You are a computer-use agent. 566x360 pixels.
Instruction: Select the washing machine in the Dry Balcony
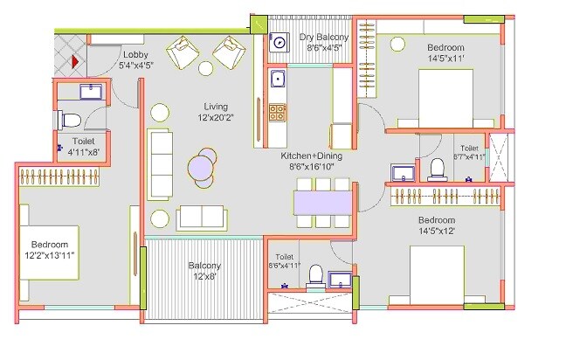point(280,42)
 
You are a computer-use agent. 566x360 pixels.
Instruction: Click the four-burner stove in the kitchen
point(278,112)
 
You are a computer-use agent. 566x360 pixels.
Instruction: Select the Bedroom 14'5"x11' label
point(445,53)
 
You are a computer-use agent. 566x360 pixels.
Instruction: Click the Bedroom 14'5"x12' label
point(437,225)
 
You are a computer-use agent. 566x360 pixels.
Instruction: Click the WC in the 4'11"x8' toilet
point(71,120)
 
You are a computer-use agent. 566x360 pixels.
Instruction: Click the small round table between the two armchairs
point(206,67)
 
